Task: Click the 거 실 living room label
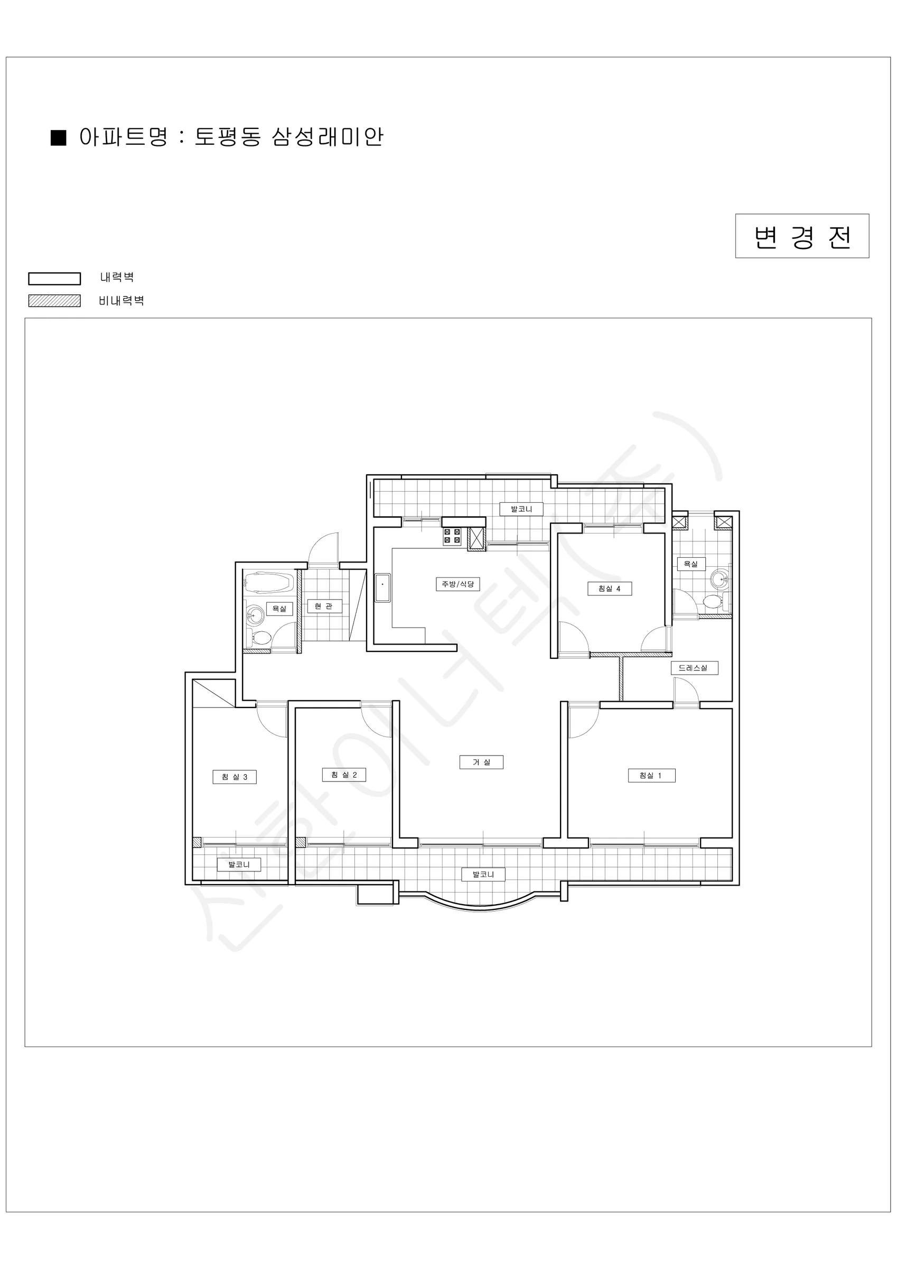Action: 481,762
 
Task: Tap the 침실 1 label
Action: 652,776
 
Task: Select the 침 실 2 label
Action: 344,775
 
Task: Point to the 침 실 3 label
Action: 235,777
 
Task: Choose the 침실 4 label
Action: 609,588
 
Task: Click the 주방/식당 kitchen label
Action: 458,584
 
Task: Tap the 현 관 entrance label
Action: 324,606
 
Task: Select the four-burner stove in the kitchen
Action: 452,536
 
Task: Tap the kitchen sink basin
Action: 382,588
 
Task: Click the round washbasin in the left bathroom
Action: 255,614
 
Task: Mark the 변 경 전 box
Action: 802,236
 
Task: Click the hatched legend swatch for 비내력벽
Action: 55,301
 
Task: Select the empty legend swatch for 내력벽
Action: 55,279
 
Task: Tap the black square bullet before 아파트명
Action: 59,137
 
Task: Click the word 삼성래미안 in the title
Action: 327,137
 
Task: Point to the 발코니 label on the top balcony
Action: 521,509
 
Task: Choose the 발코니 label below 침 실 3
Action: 239,865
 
